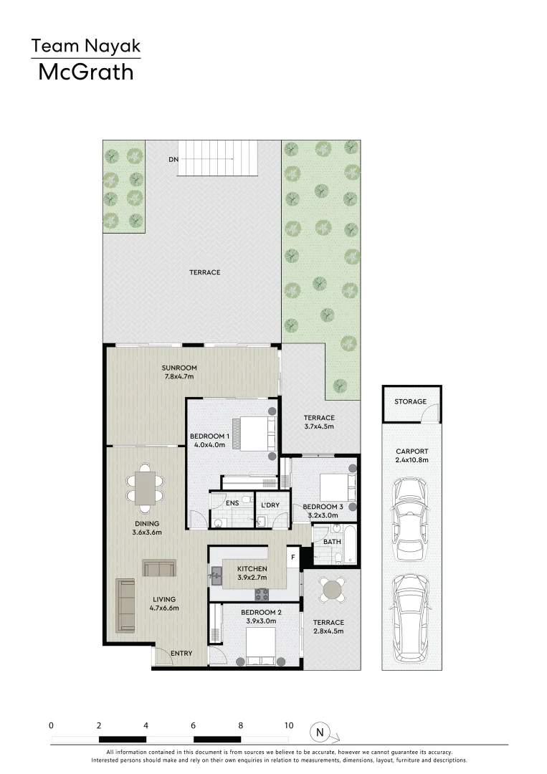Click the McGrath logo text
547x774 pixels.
point(85,72)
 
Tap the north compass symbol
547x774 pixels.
point(320,732)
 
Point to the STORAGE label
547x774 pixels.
point(410,402)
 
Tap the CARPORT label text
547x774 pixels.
point(411,451)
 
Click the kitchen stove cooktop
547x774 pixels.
point(262,594)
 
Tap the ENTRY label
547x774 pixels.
point(181,653)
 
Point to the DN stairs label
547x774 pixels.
point(173,159)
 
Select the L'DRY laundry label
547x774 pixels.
point(270,505)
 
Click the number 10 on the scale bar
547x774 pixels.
point(288,725)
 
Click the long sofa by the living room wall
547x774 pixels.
point(126,605)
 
